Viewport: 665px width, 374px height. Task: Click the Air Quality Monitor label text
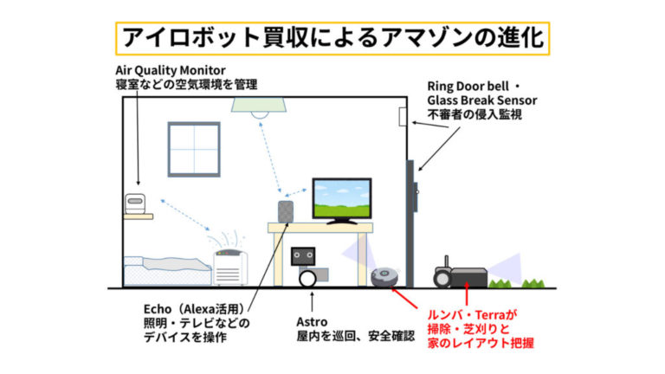coord(170,70)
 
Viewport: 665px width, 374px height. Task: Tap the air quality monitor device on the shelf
coord(135,204)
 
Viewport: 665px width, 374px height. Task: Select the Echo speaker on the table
coord(286,211)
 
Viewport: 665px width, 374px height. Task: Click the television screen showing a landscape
coord(342,198)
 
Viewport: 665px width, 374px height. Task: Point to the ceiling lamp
coord(259,107)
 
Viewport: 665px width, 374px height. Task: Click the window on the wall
coord(194,149)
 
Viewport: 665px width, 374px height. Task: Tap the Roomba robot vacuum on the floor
coord(385,276)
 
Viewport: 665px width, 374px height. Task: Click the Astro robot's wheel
coord(307,279)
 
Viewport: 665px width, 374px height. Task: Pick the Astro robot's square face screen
coord(303,256)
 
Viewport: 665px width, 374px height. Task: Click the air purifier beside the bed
coord(229,268)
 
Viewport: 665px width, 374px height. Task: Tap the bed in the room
coord(167,270)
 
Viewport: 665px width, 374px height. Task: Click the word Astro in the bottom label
coord(312,322)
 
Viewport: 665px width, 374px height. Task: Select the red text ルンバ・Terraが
coord(473,315)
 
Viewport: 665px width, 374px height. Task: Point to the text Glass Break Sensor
coord(482,100)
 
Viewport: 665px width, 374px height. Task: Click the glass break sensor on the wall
coord(403,117)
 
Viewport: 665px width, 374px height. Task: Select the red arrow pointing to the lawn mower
coord(467,293)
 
